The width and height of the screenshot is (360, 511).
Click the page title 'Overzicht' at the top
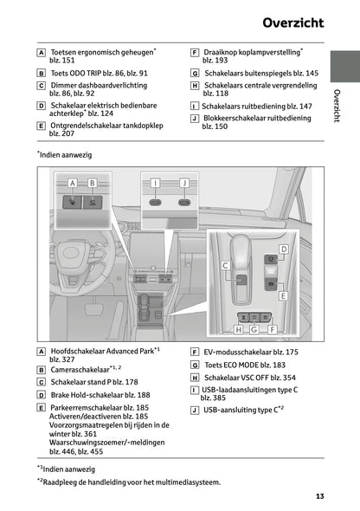(x=294, y=20)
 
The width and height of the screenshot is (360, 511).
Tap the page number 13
(x=319, y=496)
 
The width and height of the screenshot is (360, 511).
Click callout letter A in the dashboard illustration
(x=72, y=183)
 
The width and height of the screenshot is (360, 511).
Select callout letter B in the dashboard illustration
(x=92, y=183)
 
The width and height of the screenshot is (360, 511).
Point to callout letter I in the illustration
(x=155, y=183)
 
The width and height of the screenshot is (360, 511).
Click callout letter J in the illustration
(x=183, y=183)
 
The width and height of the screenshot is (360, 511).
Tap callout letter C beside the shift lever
(x=225, y=265)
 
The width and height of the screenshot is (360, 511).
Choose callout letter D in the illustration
(x=283, y=249)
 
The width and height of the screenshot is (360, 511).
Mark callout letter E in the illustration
(x=283, y=295)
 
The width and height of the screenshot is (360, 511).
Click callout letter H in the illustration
(x=238, y=329)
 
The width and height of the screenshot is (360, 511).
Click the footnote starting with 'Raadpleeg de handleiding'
(x=130, y=482)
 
